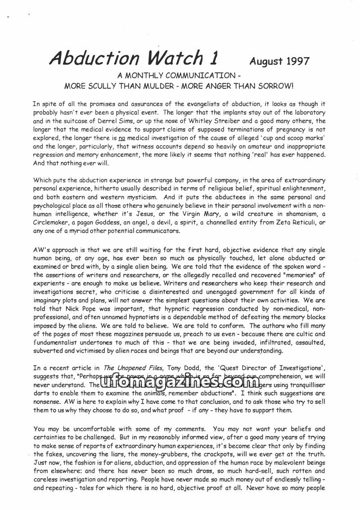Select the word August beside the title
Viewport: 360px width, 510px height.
point(262,61)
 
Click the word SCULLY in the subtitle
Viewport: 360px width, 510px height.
point(103,85)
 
